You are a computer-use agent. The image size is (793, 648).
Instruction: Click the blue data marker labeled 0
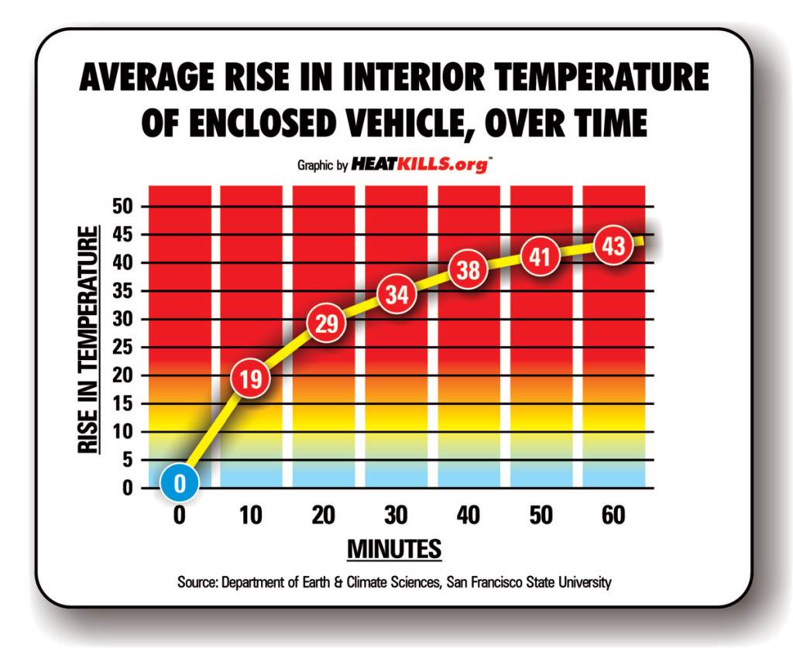[x=180, y=483]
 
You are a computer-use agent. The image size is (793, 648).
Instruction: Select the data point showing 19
[x=251, y=379]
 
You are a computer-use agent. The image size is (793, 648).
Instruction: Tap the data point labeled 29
[x=327, y=324]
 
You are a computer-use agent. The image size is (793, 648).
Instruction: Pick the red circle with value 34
[x=397, y=295]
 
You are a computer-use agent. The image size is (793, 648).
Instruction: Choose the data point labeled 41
[x=540, y=255]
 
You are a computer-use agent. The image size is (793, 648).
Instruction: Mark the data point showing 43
[x=613, y=247]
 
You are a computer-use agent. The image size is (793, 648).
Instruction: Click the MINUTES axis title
[x=394, y=549]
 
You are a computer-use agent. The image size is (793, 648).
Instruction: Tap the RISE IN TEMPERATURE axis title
[x=91, y=341]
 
